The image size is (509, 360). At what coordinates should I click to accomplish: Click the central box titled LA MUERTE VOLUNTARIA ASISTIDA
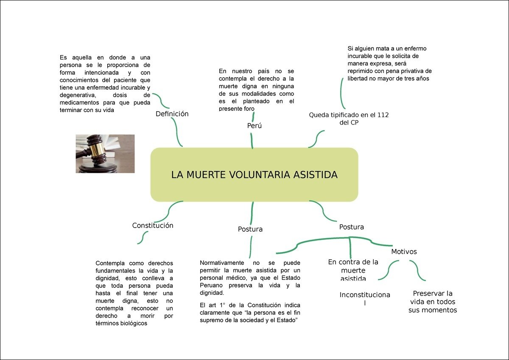[254, 174]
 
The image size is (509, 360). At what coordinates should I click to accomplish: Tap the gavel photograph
[105, 154]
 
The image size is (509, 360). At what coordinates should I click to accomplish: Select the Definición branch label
[172, 114]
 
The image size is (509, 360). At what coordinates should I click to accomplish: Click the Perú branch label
[255, 126]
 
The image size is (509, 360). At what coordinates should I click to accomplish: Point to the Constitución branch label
[153, 225]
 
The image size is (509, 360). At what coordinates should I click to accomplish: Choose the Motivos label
[404, 251]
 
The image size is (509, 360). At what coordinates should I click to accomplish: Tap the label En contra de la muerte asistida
[353, 270]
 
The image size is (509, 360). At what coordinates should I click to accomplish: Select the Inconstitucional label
[365, 298]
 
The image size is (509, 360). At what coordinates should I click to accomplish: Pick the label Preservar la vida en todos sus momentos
[433, 301]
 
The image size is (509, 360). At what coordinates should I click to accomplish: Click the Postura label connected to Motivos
[352, 227]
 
